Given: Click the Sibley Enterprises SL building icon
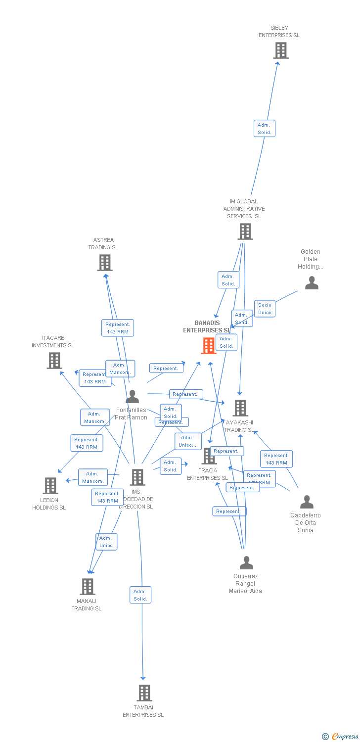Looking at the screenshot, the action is point(280,50).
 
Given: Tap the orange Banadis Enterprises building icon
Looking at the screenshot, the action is point(209,346).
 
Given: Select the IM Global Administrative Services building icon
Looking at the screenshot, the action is point(245,232).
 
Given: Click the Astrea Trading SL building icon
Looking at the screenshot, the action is point(104,263).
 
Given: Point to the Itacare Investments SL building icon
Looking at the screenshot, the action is point(54,361).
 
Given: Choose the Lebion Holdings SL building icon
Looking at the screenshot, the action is point(50,486).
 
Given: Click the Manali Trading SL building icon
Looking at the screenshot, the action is point(88,587).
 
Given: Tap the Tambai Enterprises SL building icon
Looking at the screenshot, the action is point(144,693).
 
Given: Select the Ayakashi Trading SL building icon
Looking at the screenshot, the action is point(240,408).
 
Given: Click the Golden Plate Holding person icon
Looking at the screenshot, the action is point(312,283).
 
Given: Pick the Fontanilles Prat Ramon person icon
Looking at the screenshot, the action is point(132,397).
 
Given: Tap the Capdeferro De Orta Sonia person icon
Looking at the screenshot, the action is point(307,502).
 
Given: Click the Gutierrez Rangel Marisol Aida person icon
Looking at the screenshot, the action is point(246,563).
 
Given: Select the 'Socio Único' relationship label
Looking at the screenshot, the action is point(265,308).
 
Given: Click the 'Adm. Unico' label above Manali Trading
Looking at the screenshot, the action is point(106,542).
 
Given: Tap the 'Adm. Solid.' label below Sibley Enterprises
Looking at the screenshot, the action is point(264,129).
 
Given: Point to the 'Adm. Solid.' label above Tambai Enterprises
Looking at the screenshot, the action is point(140,595).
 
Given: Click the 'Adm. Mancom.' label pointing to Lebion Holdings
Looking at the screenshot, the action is point(93,477).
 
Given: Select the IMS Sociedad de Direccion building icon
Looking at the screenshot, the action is point(137,477).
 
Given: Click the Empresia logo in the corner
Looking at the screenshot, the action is point(341,737).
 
